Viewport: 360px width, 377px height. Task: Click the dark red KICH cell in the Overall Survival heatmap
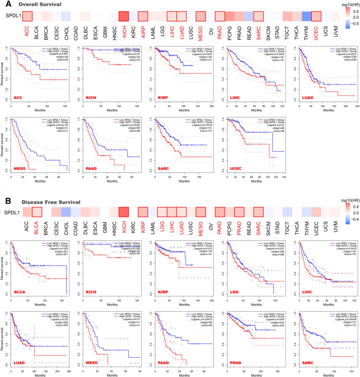[123, 16]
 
